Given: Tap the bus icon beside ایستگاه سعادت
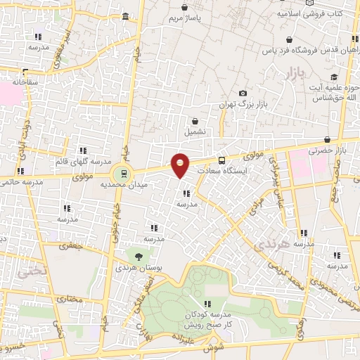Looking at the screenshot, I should click(221, 160).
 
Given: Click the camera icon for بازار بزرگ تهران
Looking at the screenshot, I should click(243, 94).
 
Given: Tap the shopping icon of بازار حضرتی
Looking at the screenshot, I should click(328, 140).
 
